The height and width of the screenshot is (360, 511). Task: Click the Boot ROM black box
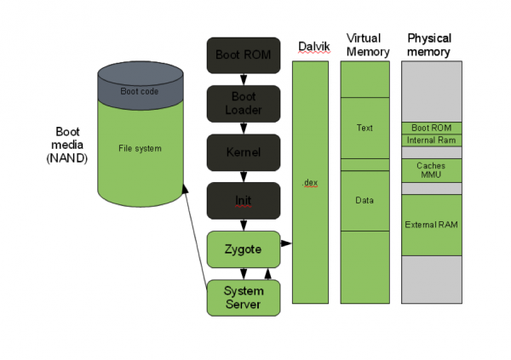click(244, 55)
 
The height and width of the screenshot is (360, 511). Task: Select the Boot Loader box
click(244, 104)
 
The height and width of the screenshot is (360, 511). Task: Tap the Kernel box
click(244, 152)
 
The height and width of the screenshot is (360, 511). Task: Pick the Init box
click(244, 201)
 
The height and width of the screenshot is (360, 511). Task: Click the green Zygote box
click(244, 249)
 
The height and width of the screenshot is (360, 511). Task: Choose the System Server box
click(244, 298)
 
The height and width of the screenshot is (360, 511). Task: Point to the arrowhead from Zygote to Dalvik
click(286, 243)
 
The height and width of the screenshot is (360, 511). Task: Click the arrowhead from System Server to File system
click(185, 189)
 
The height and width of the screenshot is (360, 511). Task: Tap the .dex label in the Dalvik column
click(310, 183)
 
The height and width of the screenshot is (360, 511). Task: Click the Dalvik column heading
click(314, 47)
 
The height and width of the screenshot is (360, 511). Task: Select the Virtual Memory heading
click(368, 45)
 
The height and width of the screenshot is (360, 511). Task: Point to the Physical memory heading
click(429, 45)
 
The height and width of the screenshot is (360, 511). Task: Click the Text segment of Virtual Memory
click(365, 128)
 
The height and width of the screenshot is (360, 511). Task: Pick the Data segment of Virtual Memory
click(365, 201)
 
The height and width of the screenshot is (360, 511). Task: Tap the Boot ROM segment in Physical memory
click(432, 128)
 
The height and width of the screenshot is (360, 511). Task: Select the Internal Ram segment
click(432, 140)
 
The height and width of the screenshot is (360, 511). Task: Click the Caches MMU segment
click(432, 170)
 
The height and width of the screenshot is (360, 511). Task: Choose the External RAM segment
click(432, 226)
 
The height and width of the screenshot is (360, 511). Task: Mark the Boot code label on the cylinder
click(140, 92)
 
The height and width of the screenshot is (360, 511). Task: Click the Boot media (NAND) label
click(67, 145)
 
